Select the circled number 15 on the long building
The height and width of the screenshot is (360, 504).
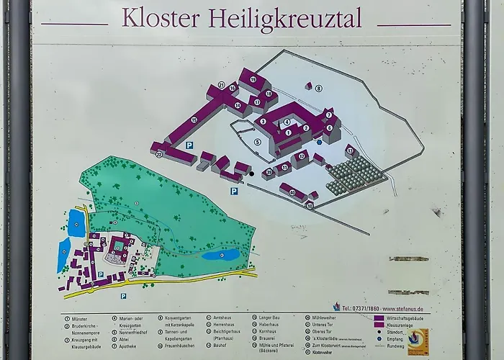[194, 120]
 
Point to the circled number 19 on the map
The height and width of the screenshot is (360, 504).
[253, 79]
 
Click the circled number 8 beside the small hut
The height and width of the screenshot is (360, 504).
[318, 88]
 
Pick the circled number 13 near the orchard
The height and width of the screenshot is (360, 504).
[350, 151]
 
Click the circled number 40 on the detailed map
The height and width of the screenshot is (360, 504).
[292, 192]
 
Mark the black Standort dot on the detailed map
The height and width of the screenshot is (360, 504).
[252, 174]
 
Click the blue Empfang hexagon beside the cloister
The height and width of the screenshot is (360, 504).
[319, 142]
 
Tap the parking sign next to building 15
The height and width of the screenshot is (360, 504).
[189, 145]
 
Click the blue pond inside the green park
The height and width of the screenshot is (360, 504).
[220, 254]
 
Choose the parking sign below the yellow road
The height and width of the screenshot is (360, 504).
[123, 295]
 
